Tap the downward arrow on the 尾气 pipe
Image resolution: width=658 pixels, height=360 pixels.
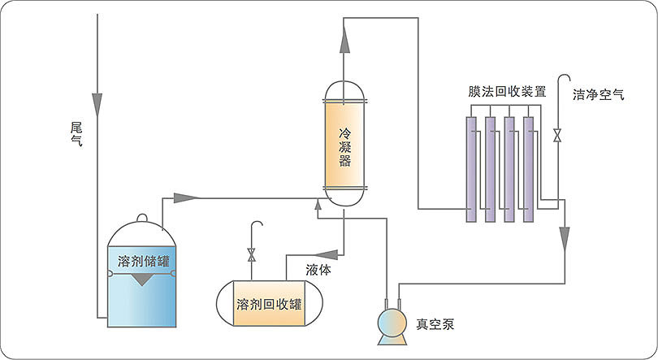tap(97, 99)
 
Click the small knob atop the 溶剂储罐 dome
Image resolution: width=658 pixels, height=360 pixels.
tap(143, 217)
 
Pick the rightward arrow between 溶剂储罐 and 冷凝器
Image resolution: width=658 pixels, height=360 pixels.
tap(187, 197)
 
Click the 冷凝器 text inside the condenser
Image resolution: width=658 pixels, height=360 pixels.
tap(344, 146)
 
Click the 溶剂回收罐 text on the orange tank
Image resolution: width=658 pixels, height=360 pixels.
tap(269, 305)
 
